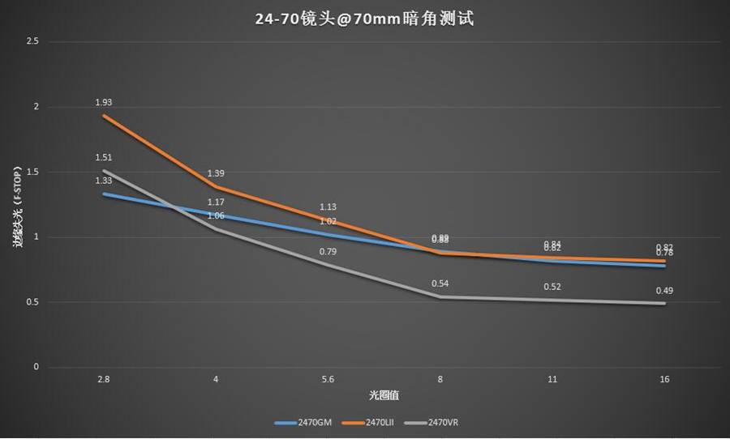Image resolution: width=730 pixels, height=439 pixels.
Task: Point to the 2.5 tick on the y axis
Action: point(32,41)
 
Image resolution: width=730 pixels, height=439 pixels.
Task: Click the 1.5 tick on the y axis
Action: point(32,172)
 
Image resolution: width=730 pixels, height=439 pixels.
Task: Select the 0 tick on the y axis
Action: point(36,367)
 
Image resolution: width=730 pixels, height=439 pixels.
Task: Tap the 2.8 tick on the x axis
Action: point(104,379)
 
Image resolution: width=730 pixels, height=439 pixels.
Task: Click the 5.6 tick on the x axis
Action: point(328,379)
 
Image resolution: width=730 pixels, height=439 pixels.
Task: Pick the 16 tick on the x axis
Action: point(664,379)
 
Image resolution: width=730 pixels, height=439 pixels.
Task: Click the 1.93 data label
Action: point(104,103)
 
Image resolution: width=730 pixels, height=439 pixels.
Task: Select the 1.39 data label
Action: point(216,173)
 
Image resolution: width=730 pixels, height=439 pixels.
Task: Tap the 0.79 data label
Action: point(328,252)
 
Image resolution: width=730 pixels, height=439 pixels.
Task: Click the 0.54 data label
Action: point(440,284)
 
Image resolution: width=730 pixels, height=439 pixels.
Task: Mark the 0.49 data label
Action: point(664,291)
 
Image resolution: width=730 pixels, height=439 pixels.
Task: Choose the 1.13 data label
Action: point(328,207)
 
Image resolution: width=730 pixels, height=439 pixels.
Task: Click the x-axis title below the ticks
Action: point(383,395)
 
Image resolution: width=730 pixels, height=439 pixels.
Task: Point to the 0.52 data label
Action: point(552,287)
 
